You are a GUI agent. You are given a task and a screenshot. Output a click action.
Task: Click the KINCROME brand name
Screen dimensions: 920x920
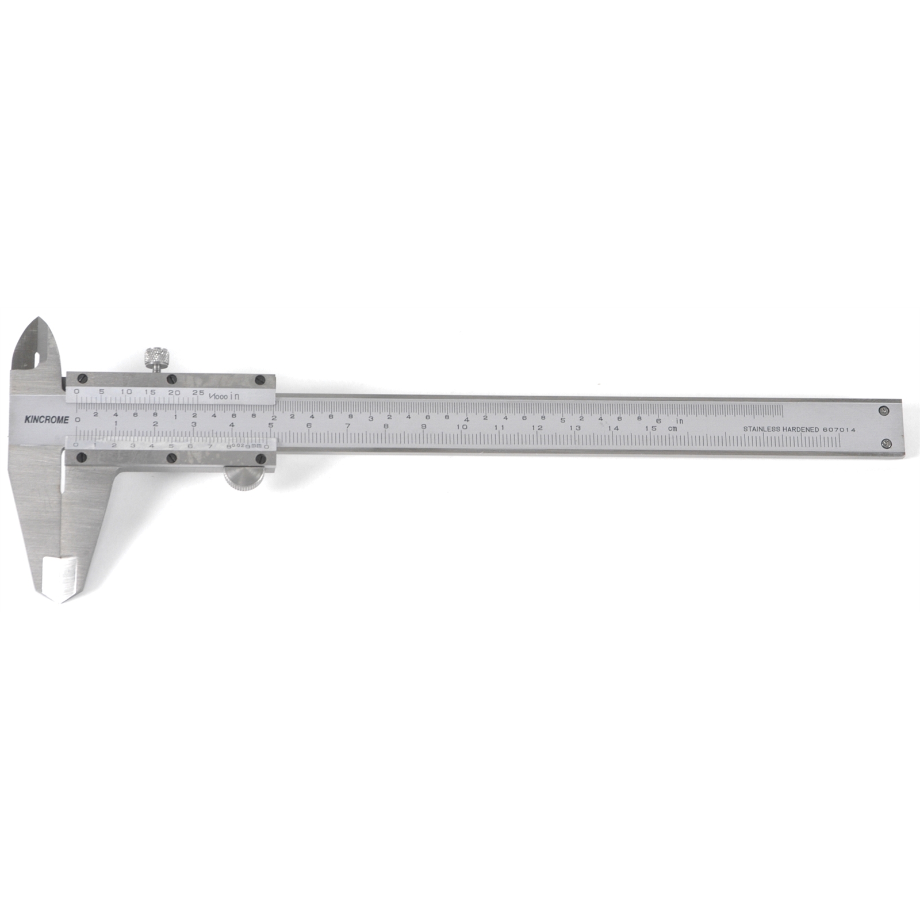click(x=46, y=420)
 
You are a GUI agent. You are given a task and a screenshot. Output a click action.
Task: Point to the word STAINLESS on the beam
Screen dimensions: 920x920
click(x=761, y=430)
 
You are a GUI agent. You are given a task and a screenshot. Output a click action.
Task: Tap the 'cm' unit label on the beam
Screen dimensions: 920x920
click(x=672, y=428)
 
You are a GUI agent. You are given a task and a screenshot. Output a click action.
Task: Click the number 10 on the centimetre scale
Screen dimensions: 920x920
click(x=462, y=427)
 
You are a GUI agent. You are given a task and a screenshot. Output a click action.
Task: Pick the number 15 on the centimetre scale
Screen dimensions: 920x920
click(x=650, y=428)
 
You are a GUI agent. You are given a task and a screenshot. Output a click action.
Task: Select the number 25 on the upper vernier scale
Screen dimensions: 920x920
click(x=198, y=393)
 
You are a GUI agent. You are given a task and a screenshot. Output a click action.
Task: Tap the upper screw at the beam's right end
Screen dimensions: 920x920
click(x=884, y=411)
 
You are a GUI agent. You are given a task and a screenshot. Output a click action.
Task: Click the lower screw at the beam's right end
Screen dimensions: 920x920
click(x=886, y=443)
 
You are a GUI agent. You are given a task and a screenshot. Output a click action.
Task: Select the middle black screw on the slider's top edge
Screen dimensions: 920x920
click(x=171, y=379)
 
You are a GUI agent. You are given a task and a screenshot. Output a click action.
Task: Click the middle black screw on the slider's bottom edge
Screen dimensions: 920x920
click(x=171, y=458)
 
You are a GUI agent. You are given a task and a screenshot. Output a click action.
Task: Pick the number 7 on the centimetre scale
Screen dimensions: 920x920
click(x=347, y=426)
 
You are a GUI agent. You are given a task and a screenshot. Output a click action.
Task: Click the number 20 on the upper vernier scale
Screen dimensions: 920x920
click(x=174, y=393)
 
